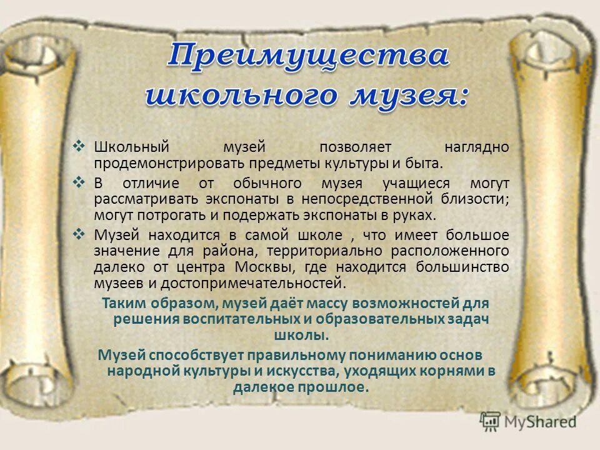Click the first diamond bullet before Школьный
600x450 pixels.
click(79, 146)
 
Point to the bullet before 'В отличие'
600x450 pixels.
click(79, 182)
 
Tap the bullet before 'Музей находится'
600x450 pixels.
click(79, 234)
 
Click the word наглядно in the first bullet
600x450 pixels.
click(477, 147)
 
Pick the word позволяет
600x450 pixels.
click(356, 147)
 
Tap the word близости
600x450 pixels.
click(476, 199)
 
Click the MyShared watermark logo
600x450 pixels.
click(528, 421)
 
